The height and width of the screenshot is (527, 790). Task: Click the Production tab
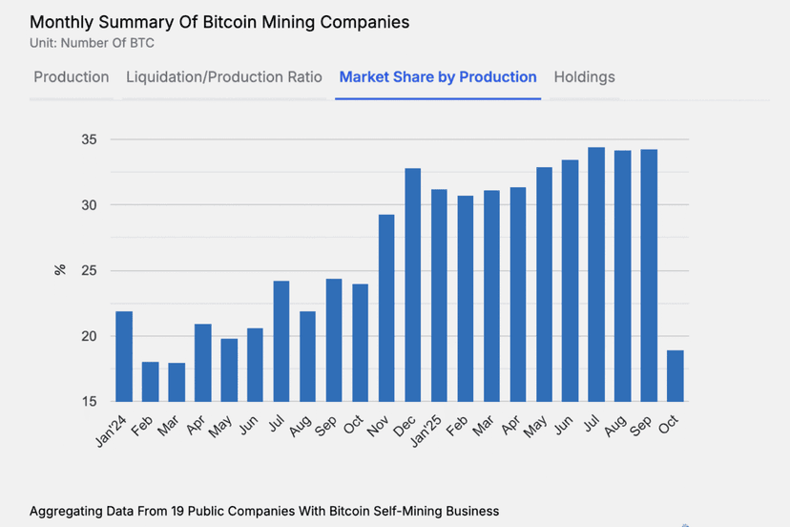pos(72,77)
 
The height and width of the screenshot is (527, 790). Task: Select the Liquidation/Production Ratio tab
pos(224,77)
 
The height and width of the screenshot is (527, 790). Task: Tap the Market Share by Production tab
pos(438,77)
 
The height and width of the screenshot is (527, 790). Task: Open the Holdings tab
pos(584,77)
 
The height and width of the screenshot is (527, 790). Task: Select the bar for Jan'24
pos(124,356)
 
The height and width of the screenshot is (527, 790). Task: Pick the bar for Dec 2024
pos(413,285)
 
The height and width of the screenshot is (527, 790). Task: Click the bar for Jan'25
pos(440,295)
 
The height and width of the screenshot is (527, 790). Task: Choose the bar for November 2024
pos(386,307)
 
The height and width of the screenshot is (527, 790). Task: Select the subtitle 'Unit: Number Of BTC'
pos(93,43)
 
